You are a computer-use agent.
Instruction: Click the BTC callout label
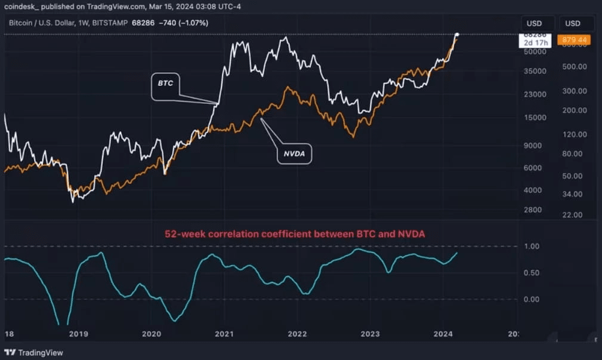(165, 84)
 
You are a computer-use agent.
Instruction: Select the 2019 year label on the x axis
(79, 334)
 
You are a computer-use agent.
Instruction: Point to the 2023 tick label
(370, 334)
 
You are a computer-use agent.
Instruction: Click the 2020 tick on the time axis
(152, 334)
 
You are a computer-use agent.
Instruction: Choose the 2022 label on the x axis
(297, 334)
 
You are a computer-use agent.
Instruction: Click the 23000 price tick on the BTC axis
(533, 94)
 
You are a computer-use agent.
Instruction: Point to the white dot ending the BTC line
(457, 35)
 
